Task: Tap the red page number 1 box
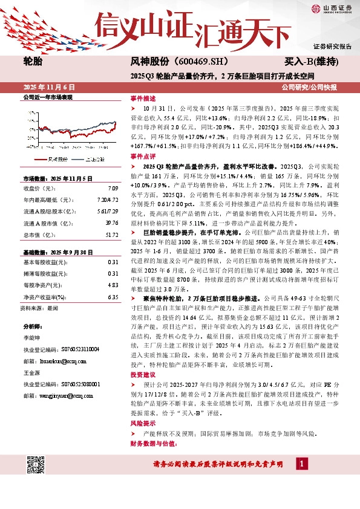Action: [x=301, y=464]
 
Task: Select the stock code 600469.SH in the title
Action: [x=198, y=62]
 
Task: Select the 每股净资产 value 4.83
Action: [x=113, y=284]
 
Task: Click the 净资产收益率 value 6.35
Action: [x=113, y=297]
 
